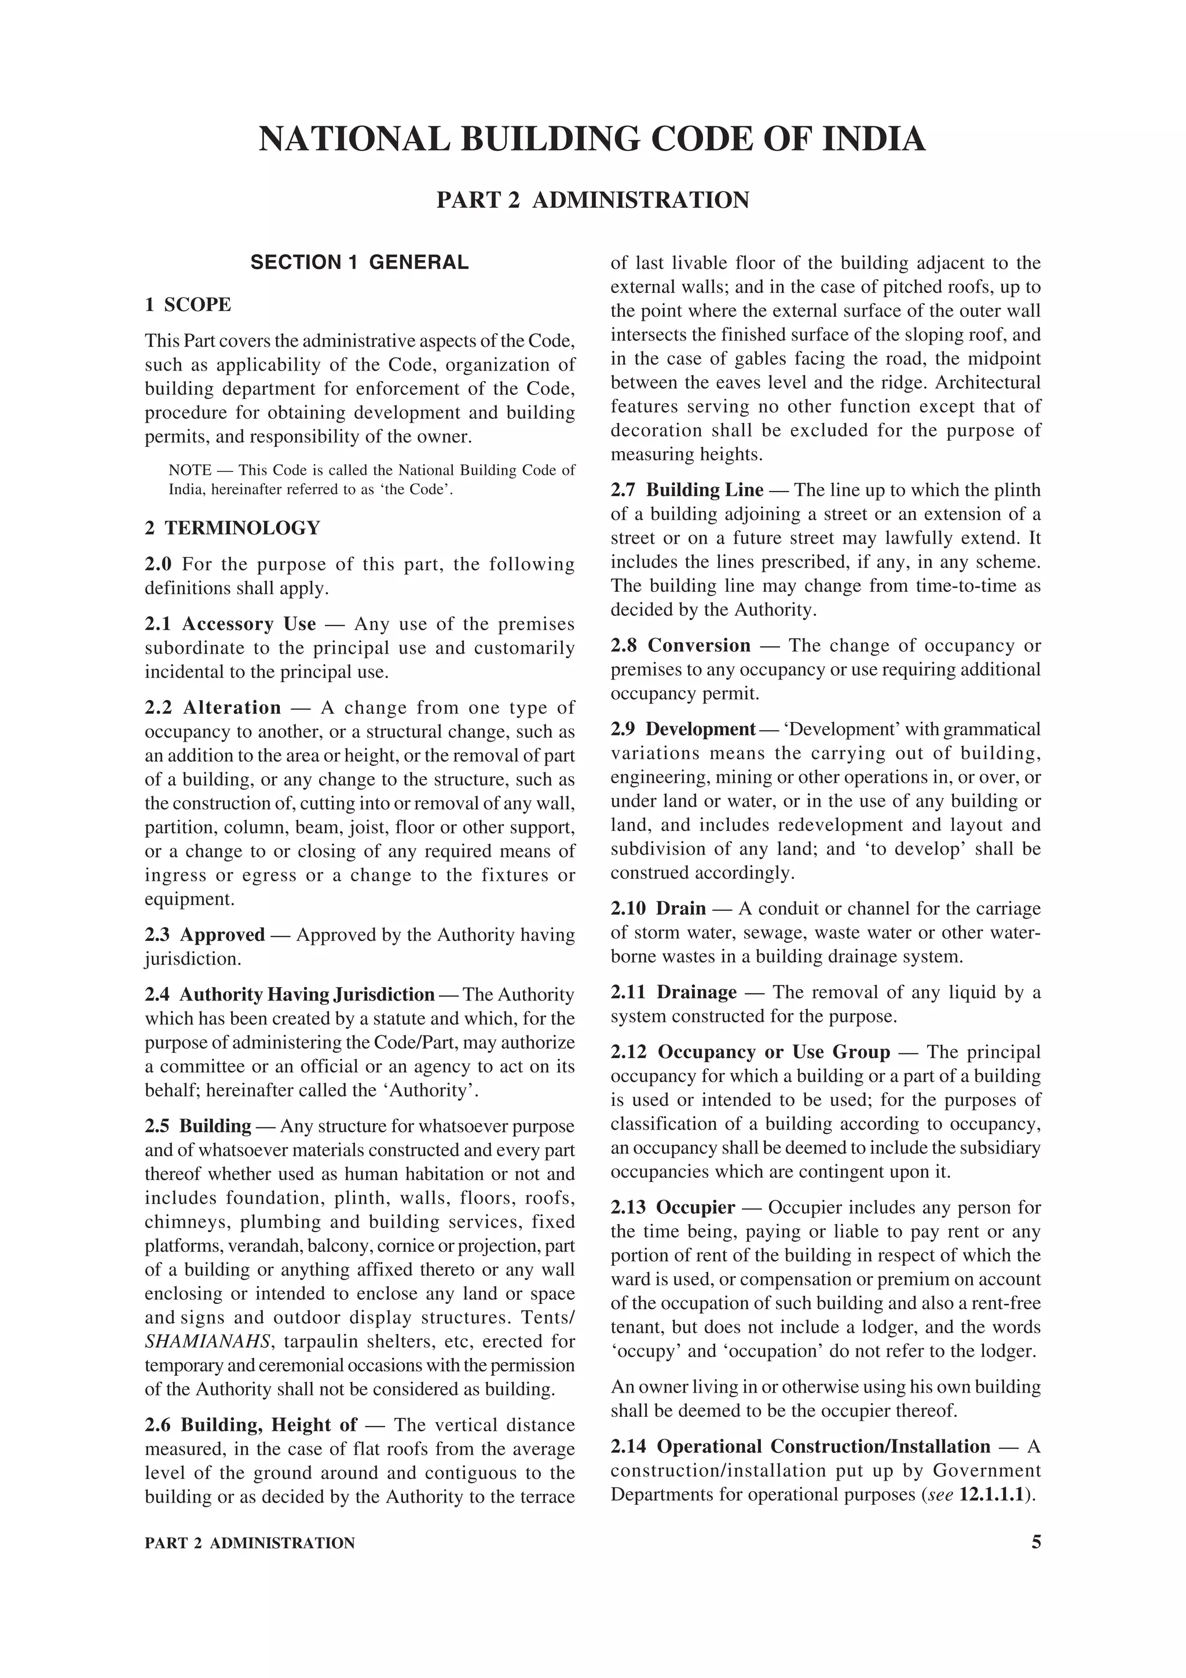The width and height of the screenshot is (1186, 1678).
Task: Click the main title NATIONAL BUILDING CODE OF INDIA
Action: (x=592, y=139)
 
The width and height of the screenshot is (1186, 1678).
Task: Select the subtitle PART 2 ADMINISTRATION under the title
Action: (x=592, y=200)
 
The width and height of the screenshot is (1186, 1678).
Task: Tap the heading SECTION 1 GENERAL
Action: (x=360, y=262)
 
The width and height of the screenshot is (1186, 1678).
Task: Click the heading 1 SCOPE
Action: (x=188, y=305)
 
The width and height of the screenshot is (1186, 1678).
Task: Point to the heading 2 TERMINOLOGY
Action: (x=232, y=527)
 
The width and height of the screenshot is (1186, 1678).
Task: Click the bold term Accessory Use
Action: (x=248, y=624)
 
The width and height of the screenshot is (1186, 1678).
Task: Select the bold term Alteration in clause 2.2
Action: (x=232, y=708)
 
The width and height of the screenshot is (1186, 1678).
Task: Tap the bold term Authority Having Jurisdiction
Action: (x=307, y=995)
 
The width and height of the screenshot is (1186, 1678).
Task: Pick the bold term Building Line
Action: (x=704, y=490)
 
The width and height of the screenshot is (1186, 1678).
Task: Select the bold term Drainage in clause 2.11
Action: (x=697, y=992)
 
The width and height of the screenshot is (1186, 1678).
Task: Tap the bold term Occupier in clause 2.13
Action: (x=695, y=1207)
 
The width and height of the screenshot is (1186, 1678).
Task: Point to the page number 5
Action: (x=1035, y=1543)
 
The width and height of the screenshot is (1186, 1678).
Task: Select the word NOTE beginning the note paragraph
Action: (x=190, y=470)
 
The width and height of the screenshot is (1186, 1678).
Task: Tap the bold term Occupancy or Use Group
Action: (x=774, y=1053)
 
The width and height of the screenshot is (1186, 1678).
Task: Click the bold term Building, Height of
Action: (x=269, y=1425)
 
